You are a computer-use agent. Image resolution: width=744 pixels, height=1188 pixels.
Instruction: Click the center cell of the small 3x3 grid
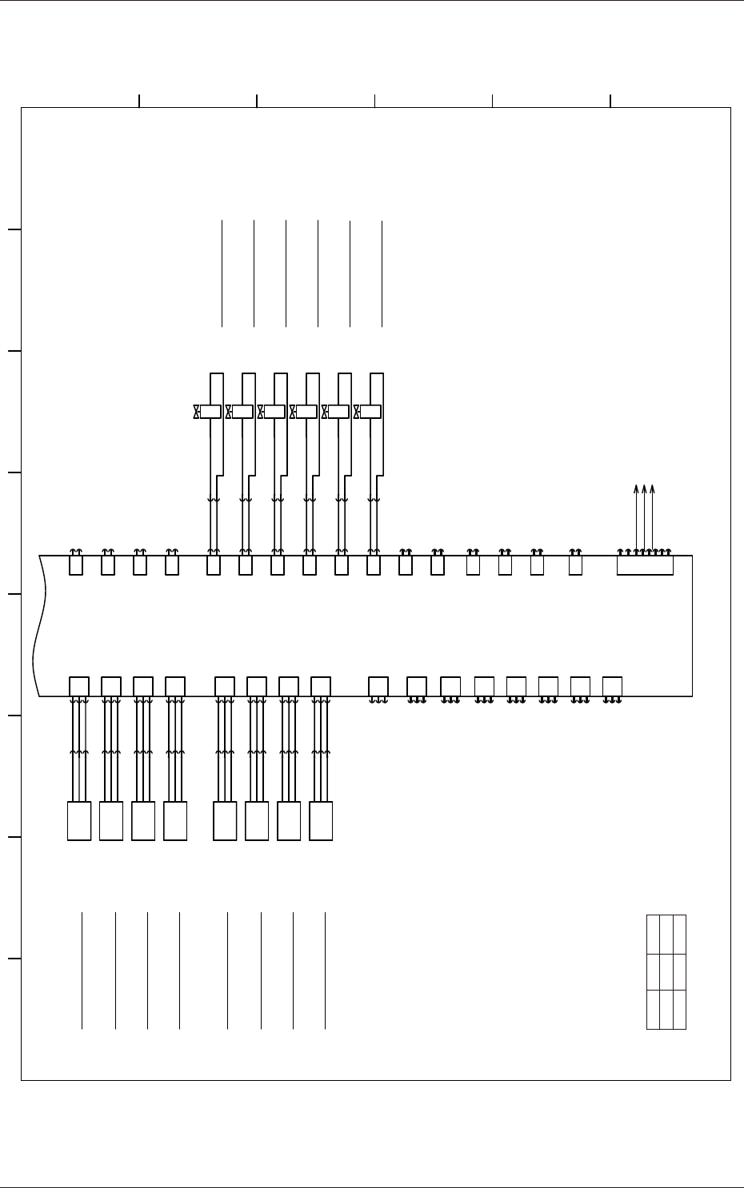pyautogui.click(x=666, y=972)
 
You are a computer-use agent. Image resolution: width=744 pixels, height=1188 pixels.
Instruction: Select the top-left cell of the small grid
pyautogui.click(x=653, y=934)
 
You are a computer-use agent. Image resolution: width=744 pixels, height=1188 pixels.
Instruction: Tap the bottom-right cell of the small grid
pyautogui.click(x=680, y=1010)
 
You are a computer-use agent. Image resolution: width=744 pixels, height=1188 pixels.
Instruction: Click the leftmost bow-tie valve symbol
pyautogui.click(x=197, y=412)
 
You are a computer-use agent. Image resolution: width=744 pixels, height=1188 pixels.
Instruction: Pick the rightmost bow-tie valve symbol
pyautogui.click(x=357, y=412)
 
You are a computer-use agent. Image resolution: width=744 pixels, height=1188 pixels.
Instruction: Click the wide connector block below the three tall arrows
pyautogui.click(x=645, y=565)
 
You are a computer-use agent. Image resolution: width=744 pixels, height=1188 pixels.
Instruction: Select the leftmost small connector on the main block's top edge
pyautogui.click(x=76, y=565)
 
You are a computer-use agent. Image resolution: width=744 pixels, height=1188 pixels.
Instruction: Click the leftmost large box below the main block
pyautogui.click(x=79, y=821)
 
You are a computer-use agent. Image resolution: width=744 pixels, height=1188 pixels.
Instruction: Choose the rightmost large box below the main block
pyautogui.click(x=321, y=821)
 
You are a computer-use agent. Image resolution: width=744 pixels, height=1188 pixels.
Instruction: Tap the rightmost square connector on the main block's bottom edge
pyautogui.click(x=612, y=686)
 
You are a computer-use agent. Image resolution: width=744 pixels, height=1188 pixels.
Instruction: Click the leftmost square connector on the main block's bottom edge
pyautogui.click(x=79, y=686)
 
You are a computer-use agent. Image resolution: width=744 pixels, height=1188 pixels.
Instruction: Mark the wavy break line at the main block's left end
pyautogui.click(x=37, y=626)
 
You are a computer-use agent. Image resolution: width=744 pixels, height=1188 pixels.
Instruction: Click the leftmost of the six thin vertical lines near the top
pyautogui.click(x=222, y=273)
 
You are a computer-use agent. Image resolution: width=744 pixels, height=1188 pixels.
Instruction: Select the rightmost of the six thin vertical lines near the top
pyautogui.click(x=382, y=273)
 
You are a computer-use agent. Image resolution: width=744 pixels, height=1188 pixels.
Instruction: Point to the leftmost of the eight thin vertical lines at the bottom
pyautogui.click(x=82, y=970)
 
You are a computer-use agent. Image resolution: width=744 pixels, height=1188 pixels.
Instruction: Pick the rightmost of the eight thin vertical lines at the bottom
pyautogui.click(x=325, y=970)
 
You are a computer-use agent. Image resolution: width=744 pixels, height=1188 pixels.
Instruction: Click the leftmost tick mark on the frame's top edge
pyautogui.click(x=139, y=100)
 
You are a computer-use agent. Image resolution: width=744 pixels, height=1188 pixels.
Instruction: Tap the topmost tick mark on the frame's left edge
pyautogui.click(x=13, y=230)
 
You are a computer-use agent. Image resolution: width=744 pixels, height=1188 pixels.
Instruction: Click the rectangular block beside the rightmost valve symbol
pyautogui.click(x=370, y=412)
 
